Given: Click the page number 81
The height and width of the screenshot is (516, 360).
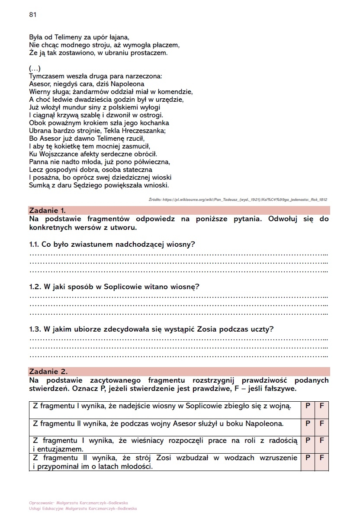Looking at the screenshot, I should point(32,15).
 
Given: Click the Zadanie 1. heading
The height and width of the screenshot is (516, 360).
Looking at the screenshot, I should point(47,211).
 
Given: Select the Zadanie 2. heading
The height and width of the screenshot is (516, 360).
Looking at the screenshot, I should point(48,371).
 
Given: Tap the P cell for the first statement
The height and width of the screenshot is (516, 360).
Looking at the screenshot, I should point(308,406).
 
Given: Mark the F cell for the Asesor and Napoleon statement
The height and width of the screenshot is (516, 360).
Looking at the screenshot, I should point(321,423).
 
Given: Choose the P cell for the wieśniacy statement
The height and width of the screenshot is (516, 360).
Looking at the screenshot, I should point(308,440).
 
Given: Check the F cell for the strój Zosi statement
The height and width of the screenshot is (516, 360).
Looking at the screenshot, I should point(321,458).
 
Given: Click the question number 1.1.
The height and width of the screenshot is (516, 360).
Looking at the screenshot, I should point(35,245).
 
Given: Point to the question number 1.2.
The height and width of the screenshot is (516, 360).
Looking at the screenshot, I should point(35,287).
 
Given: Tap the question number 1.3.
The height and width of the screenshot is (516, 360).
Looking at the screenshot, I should point(35,329).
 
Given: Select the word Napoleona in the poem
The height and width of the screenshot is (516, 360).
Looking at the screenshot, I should point(128,84).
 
